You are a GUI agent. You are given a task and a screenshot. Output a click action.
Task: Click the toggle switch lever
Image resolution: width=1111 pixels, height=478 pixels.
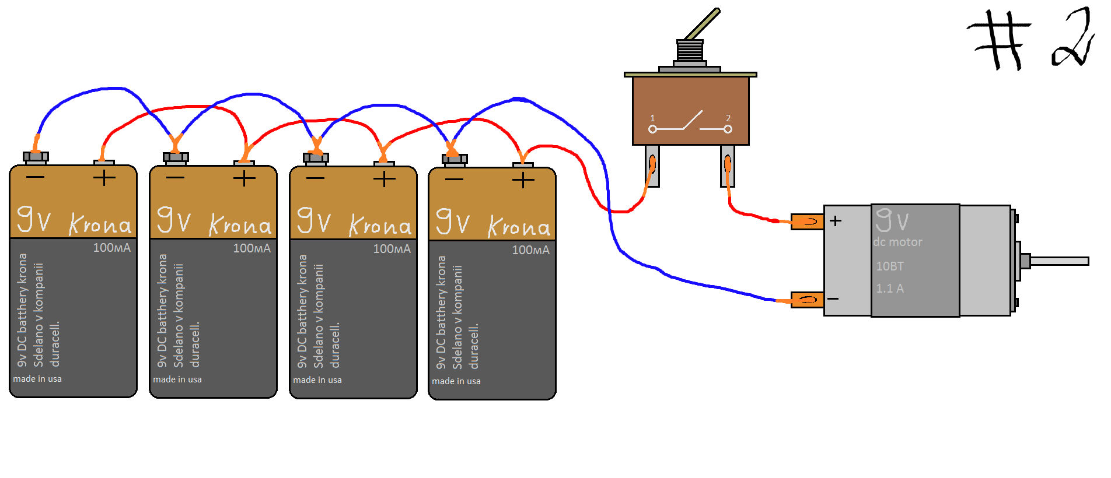pyautogui.click(x=703, y=24)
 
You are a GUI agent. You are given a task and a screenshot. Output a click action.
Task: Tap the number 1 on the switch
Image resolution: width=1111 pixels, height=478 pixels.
pyautogui.click(x=652, y=118)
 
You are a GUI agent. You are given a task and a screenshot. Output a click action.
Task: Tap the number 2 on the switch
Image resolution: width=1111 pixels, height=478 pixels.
pyautogui.click(x=728, y=118)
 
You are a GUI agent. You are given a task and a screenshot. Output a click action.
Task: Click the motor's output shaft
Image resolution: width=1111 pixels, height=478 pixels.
pyautogui.click(x=1059, y=261)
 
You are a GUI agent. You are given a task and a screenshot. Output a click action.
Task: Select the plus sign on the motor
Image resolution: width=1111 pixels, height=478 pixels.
pyautogui.click(x=836, y=221)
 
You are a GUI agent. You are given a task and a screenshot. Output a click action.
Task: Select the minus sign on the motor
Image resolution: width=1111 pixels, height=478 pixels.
pyautogui.click(x=833, y=299)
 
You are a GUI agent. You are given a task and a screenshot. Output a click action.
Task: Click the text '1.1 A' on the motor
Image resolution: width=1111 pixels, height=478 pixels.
pyautogui.click(x=890, y=289)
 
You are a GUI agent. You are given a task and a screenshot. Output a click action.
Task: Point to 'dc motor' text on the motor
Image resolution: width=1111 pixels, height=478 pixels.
pyautogui.click(x=897, y=242)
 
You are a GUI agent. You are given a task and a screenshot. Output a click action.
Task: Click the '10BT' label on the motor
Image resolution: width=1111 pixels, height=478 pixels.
pyautogui.click(x=890, y=266)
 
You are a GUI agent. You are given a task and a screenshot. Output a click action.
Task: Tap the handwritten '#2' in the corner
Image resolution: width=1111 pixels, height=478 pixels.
pyautogui.click(x=1030, y=38)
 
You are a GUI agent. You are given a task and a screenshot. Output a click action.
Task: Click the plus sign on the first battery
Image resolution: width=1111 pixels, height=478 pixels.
pyautogui.click(x=104, y=177)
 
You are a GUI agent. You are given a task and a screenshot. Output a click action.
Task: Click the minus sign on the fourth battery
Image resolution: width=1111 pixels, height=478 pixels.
pyautogui.click(x=454, y=180)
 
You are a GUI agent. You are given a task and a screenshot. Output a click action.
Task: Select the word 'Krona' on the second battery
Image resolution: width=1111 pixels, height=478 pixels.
pyautogui.click(x=240, y=224)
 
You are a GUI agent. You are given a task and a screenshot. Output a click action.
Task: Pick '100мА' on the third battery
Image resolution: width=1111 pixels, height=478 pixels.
pyautogui.click(x=392, y=249)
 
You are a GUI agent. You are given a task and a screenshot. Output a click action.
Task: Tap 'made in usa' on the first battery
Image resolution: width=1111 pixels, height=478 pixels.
pyautogui.click(x=37, y=379)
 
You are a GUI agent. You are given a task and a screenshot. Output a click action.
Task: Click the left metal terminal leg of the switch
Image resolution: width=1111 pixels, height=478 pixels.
pyautogui.click(x=652, y=166)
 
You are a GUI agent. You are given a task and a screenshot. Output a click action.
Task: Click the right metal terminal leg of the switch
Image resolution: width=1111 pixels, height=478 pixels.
pyautogui.click(x=728, y=166)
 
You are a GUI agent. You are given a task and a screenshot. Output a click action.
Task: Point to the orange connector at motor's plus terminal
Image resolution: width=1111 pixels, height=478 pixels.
pyautogui.click(x=808, y=222)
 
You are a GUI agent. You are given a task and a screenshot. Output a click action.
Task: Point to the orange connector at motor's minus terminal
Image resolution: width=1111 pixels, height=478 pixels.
pyautogui.click(x=808, y=300)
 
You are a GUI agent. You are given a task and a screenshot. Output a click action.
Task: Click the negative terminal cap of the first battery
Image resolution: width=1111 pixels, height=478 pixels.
pyautogui.click(x=36, y=157)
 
